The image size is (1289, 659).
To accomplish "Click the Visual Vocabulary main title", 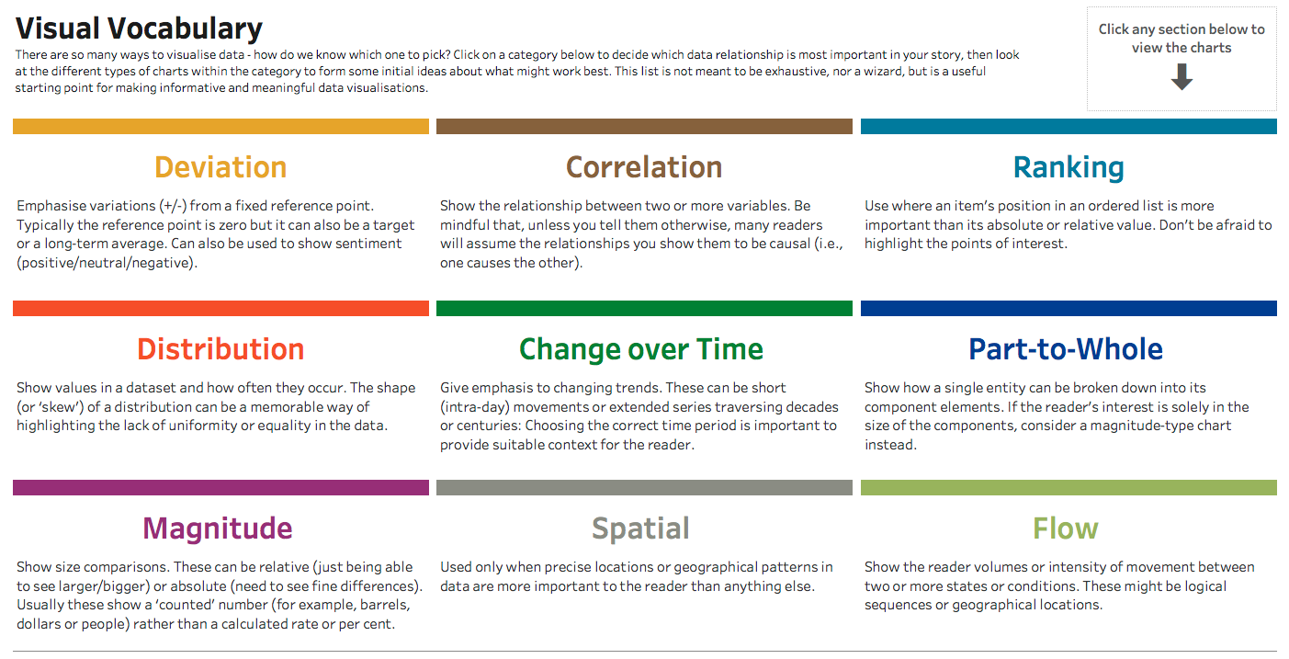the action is click(x=139, y=28).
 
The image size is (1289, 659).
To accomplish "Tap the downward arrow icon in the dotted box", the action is click(x=1182, y=76).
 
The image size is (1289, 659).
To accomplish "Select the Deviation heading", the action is click(x=220, y=167).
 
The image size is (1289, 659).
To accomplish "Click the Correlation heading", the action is click(x=644, y=167).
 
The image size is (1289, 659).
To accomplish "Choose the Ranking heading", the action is click(x=1069, y=168).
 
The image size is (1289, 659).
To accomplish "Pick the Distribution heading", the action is click(x=220, y=349).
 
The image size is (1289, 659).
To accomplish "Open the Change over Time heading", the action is click(x=641, y=350).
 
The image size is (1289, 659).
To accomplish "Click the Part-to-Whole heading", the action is click(x=1066, y=349).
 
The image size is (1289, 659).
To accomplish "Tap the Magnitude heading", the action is click(x=218, y=528).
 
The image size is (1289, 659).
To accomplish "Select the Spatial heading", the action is click(x=640, y=529).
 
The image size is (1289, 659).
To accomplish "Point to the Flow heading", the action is click(x=1066, y=528).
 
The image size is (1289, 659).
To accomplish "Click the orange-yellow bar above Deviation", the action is click(x=221, y=127).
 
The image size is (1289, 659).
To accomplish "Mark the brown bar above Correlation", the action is click(x=645, y=127).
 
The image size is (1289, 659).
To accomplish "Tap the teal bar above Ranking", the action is click(x=1069, y=127).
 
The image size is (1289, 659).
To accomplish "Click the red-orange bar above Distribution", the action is click(x=221, y=309).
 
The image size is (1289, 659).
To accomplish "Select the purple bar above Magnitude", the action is click(x=221, y=488).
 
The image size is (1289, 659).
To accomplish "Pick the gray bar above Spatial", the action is click(x=645, y=488).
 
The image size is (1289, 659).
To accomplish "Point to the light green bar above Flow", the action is click(x=1069, y=488).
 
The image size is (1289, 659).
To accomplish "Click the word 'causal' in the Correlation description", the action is click(x=786, y=244).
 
